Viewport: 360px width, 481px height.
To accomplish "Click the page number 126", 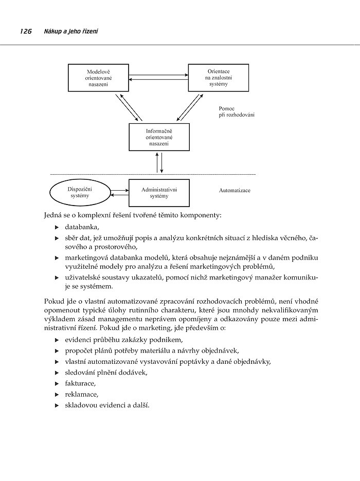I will point(26,32).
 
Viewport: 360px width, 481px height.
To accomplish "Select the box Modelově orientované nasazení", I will point(98,78).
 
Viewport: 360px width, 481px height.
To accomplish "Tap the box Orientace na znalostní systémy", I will point(219,78).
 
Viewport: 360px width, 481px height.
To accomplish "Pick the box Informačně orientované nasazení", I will point(159,137).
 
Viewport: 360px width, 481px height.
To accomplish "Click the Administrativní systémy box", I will point(159,193).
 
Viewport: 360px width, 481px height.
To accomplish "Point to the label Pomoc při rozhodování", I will point(236,112).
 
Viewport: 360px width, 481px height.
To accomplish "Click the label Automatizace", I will point(235,190).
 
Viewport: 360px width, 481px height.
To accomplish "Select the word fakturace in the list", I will point(80,383).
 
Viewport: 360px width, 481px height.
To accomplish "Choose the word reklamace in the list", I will point(81,395).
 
